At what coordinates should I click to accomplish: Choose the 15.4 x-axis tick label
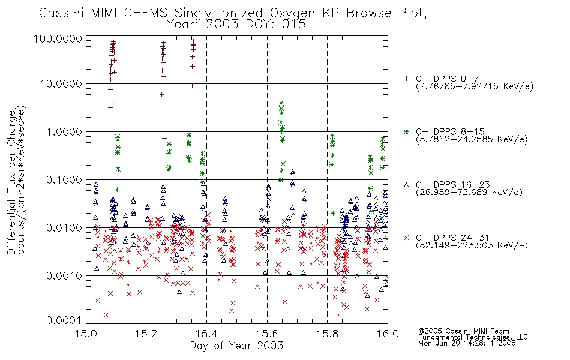(x=206, y=334)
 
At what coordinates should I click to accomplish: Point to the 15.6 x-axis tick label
(x=267, y=334)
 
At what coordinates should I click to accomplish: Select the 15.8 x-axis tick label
(x=327, y=334)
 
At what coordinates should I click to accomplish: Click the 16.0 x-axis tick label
(x=387, y=334)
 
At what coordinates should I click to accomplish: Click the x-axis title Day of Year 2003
(x=236, y=346)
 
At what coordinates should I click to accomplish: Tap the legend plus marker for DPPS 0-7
(x=407, y=79)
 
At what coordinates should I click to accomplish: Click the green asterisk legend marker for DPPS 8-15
(x=407, y=131)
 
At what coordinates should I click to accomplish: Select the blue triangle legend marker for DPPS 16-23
(x=407, y=185)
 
